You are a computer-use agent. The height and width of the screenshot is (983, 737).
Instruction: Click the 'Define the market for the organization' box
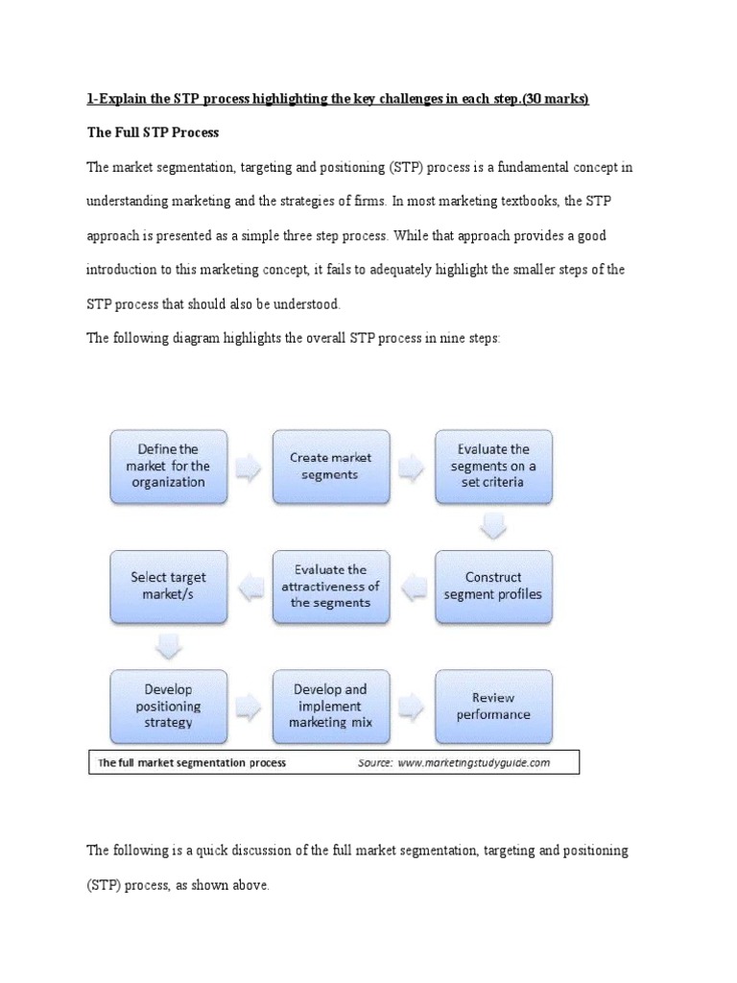(x=169, y=466)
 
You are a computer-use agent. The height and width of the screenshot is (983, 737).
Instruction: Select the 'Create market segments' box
(x=330, y=466)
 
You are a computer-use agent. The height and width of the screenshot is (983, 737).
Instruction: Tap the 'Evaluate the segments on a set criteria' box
(x=493, y=466)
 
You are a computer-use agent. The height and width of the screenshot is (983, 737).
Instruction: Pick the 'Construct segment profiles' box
(x=493, y=586)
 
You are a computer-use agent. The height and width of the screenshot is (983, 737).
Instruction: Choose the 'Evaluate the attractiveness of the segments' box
(x=330, y=586)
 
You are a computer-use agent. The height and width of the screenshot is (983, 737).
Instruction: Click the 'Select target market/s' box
(x=169, y=586)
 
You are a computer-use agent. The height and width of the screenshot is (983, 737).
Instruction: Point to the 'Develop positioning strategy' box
(x=169, y=706)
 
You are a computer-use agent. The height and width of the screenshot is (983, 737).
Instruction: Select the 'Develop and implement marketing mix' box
(x=330, y=706)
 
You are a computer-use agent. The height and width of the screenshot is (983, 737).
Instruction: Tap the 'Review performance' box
(x=493, y=706)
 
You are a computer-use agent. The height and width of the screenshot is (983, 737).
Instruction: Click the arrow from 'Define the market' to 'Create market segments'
(x=250, y=467)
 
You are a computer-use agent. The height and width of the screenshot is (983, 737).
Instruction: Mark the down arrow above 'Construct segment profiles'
(x=493, y=527)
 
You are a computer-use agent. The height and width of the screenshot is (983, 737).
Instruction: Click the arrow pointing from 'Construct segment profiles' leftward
(x=412, y=587)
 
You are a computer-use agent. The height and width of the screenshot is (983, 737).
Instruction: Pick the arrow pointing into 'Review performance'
(x=412, y=707)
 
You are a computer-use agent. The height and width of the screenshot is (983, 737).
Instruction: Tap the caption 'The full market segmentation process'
(x=192, y=763)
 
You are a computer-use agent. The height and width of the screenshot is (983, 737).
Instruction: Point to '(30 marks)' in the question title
(x=548, y=99)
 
